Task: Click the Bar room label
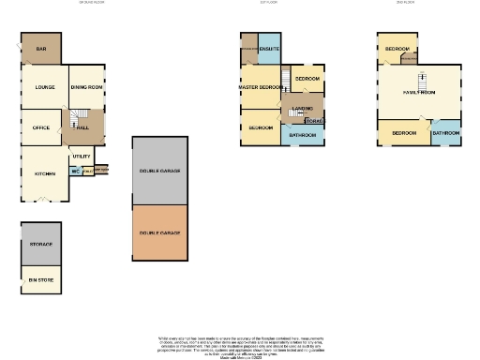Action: (41, 50)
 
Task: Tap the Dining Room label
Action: (87, 86)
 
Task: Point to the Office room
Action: (41, 127)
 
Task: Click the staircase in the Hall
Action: (73, 119)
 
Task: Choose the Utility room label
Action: (82, 156)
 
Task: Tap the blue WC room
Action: (75, 172)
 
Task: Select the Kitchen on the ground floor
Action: (44, 173)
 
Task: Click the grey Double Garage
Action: (160, 172)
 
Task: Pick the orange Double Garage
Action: (160, 232)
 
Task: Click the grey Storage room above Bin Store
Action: (40, 244)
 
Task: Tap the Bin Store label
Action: (40, 278)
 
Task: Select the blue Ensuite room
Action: (268, 48)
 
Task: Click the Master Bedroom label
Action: (260, 87)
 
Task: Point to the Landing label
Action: (302, 109)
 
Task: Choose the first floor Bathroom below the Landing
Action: (302, 135)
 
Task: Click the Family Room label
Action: (420, 93)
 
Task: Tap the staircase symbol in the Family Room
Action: (421, 77)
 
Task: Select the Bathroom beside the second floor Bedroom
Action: (446, 133)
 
